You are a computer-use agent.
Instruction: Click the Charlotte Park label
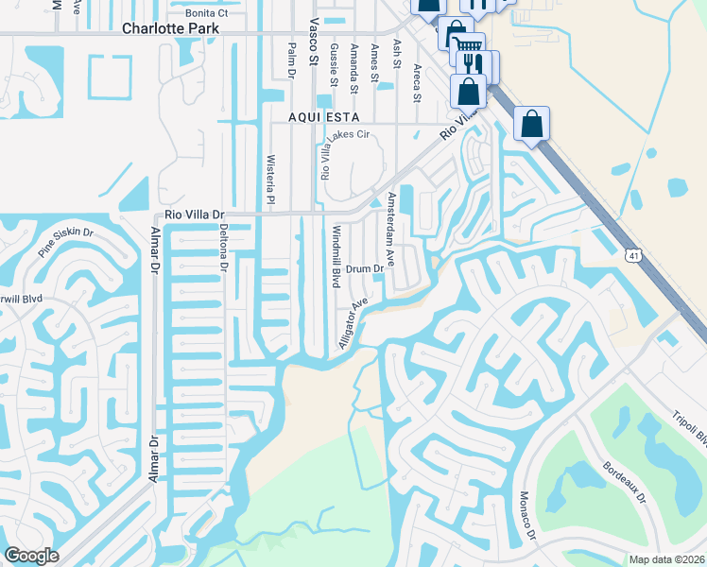point(170,28)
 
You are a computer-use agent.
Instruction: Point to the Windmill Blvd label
point(335,256)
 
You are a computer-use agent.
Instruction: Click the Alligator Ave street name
point(353,324)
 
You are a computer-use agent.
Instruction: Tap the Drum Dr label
point(364,269)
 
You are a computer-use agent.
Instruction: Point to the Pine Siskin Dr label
point(66,244)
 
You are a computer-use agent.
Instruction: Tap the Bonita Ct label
point(207,13)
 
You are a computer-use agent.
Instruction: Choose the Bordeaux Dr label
point(624,482)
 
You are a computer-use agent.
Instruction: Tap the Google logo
point(31,556)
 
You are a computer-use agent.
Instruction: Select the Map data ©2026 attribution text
point(666,558)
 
